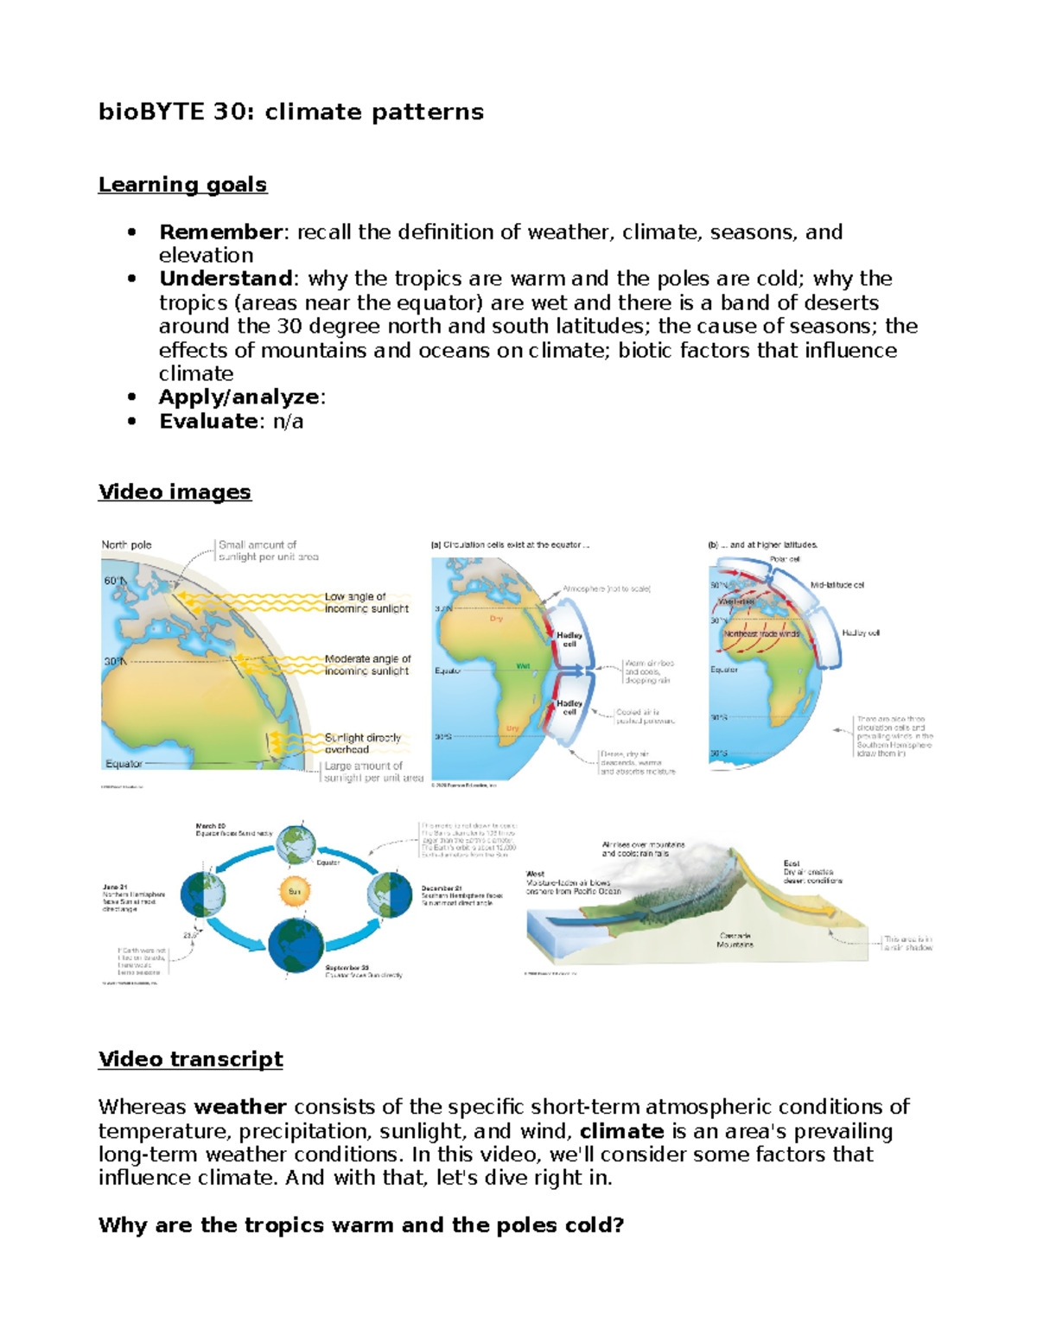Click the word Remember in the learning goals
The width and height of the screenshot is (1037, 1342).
220,232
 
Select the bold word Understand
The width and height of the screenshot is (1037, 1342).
226,279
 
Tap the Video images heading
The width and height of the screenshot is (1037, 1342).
175,492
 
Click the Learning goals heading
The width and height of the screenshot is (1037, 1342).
182,185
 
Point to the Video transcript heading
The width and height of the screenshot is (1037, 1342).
190,1059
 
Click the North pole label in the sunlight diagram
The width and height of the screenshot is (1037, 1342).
126,545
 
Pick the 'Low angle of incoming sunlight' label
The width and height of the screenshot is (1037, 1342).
366,602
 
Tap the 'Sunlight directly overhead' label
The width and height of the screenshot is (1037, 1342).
362,743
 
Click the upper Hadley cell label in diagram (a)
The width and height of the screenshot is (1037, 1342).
569,639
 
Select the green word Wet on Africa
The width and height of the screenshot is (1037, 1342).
523,666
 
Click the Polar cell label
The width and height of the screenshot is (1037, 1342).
785,559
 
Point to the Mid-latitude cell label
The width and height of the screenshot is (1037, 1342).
837,585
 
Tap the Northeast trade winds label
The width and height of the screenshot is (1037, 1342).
761,633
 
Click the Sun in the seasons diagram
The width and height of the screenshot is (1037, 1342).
295,891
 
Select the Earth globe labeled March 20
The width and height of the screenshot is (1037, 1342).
296,843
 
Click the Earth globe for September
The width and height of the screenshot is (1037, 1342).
296,945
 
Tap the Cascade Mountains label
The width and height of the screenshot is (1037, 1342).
735,940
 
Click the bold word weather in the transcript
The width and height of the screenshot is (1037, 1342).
240,1107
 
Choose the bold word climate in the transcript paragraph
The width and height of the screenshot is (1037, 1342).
621,1131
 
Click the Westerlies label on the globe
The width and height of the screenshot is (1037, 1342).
736,601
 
